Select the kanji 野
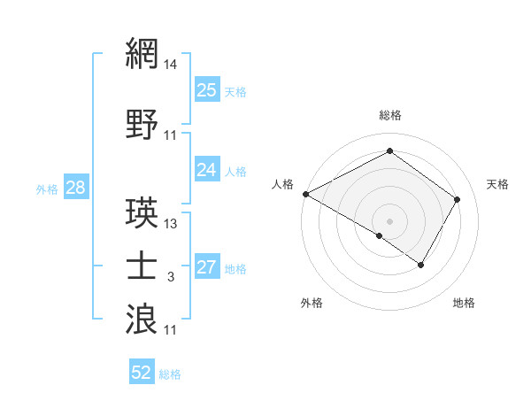tap(142, 125)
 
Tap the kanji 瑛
tap(142, 212)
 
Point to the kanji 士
tap(142, 266)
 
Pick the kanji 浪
tap(142, 318)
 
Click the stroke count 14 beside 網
tap(172, 65)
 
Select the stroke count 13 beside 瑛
tap(172, 224)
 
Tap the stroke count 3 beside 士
tap(172, 278)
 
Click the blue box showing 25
tap(207, 89)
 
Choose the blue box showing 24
tap(207, 169)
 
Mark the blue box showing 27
tap(207, 267)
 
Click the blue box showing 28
tap(75, 188)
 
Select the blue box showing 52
tap(142, 373)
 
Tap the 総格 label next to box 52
tap(171, 374)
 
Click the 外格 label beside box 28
tap(46, 189)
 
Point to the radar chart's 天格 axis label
tap(498, 184)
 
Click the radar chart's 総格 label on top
tap(390, 115)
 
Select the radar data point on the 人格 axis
tap(305, 194)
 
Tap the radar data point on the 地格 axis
tap(421, 265)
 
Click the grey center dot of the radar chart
tap(389, 220)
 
